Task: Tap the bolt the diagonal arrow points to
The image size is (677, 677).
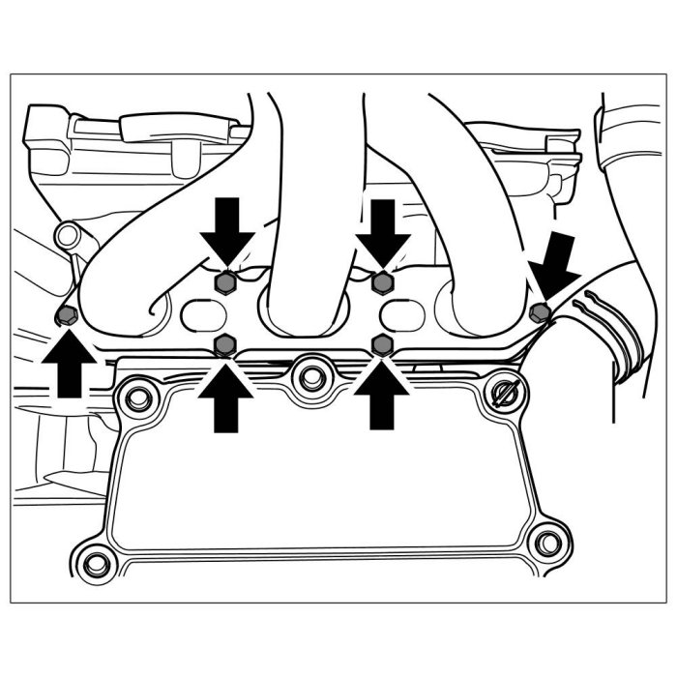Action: click(x=541, y=310)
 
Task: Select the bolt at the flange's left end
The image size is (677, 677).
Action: click(x=66, y=315)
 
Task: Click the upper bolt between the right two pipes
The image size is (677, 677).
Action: click(x=382, y=283)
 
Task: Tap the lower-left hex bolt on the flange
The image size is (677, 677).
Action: click(x=224, y=343)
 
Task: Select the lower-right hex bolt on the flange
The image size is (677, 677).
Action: click(x=382, y=343)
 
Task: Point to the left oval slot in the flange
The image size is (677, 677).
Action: click(x=202, y=314)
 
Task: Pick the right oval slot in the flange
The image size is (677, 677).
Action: click(x=404, y=314)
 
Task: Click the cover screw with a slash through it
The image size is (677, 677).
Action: click(x=504, y=395)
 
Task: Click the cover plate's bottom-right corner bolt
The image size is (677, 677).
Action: click(x=548, y=540)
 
